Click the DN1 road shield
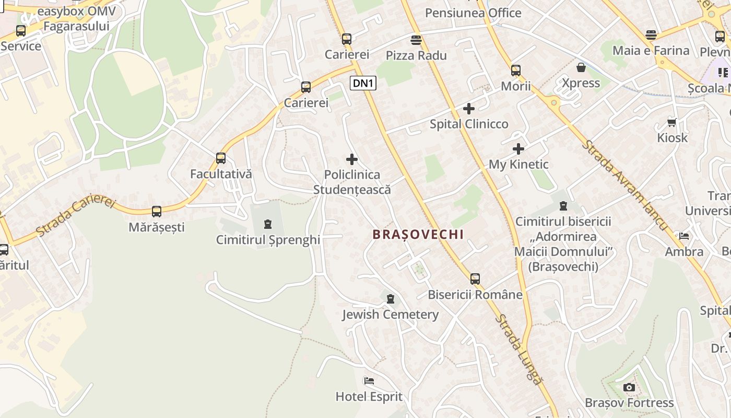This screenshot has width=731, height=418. click(x=363, y=83)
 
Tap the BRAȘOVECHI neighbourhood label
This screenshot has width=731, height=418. click(x=418, y=234)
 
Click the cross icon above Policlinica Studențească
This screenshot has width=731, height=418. click(x=352, y=159)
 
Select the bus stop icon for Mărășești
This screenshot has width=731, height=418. click(x=157, y=212)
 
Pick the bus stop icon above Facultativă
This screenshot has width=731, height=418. click(x=221, y=158)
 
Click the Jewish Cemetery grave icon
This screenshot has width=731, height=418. click(x=390, y=299)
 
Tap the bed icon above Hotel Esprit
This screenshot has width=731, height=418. click(x=369, y=380)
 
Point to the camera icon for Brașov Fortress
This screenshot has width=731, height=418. click(x=629, y=387)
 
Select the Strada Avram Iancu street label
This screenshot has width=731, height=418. click(x=624, y=184)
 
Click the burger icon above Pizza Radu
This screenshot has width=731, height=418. click(x=416, y=40)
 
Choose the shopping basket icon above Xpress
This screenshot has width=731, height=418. click(x=581, y=67)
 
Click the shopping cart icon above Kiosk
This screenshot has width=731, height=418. click(x=672, y=122)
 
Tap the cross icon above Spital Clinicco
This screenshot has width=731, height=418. click(x=469, y=109)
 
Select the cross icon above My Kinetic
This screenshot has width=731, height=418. click(x=518, y=149)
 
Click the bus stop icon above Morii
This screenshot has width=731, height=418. click(x=516, y=70)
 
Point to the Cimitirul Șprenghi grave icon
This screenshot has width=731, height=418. click(x=268, y=225)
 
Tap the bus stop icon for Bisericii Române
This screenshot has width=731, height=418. click(x=475, y=279)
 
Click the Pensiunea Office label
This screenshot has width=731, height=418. click(x=473, y=13)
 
